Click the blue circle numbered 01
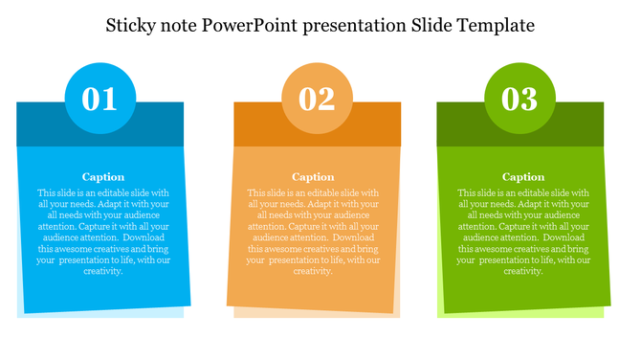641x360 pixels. coord(99,98)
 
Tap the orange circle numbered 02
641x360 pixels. coord(317,99)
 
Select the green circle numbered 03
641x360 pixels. coord(520,99)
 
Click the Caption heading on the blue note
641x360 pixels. coord(103,176)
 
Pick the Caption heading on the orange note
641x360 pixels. coord(313,176)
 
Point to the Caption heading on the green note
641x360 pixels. coord(523,176)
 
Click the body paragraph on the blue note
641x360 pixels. coord(103,231)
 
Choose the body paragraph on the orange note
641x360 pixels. coord(313,231)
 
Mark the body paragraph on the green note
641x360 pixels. coord(523,231)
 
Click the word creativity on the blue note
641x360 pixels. coord(103,271)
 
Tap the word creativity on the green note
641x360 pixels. coord(523,271)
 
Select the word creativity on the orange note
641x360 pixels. coord(313,271)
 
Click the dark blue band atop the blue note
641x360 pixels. coord(38,123)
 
